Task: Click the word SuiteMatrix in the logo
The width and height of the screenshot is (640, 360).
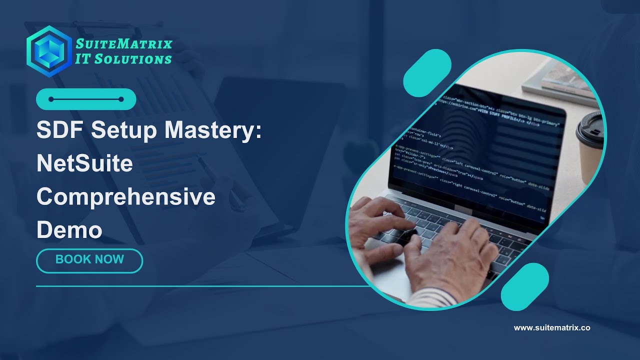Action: [x=123, y=44]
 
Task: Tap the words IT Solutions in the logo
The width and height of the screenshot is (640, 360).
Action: [x=123, y=59]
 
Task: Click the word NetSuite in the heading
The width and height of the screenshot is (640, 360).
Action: [x=84, y=164]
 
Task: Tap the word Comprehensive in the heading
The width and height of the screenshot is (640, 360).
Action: [x=125, y=197]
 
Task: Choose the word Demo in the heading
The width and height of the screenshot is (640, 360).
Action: [x=69, y=230]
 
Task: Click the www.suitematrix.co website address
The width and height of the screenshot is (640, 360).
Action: [x=552, y=328]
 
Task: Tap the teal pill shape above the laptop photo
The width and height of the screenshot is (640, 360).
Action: [x=427, y=73]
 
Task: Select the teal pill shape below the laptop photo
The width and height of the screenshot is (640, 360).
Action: [x=524, y=287]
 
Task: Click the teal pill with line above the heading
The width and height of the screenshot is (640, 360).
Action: [x=86, y=99]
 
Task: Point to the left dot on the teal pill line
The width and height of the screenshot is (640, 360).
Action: [x=51, y=99]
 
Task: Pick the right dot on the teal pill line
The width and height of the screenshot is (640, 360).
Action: [x=121, y=99]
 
